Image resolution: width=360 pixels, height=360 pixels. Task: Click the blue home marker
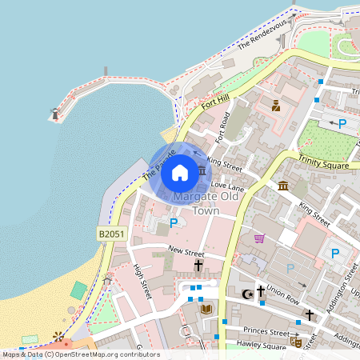180,172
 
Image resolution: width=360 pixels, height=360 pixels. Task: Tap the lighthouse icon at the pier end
55,114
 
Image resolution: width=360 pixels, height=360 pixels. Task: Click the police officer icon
276,106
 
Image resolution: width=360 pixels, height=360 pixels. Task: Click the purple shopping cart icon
259,238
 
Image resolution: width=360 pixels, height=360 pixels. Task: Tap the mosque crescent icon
247,295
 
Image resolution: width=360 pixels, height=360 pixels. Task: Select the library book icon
206,309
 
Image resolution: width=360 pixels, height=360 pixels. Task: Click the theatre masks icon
295,341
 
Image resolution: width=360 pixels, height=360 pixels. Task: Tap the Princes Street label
267,331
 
